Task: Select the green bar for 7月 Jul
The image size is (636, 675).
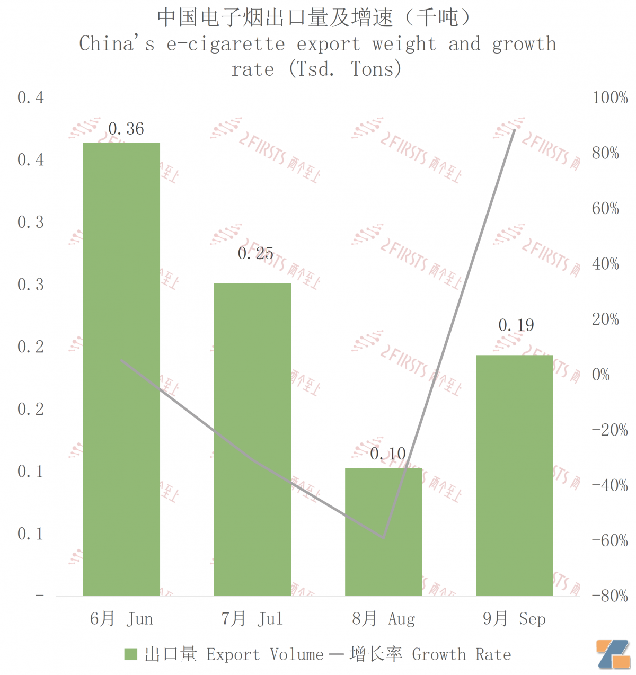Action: pos(252,439)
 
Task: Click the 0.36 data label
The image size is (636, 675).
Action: pos(126,129)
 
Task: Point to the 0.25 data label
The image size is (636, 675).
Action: pos(255,254)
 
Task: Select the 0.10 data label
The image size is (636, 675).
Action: pos(387,454)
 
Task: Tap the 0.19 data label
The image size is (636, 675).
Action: pos(516,325)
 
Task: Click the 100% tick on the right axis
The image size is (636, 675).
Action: pos(609,97)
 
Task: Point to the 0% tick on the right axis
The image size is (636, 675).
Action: pos(600,375)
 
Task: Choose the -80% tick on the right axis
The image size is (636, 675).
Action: pos(609,596)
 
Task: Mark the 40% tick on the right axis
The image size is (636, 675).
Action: pos(605,264)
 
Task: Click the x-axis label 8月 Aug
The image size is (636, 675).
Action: pos(384,619)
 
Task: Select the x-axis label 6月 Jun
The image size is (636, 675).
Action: pos(121,619)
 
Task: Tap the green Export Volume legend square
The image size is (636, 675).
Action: pos(130,654)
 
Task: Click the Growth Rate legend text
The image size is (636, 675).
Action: pos(461,654)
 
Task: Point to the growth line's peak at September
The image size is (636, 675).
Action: pos(514,130)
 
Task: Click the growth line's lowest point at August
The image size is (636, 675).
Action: pos(383,538)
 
